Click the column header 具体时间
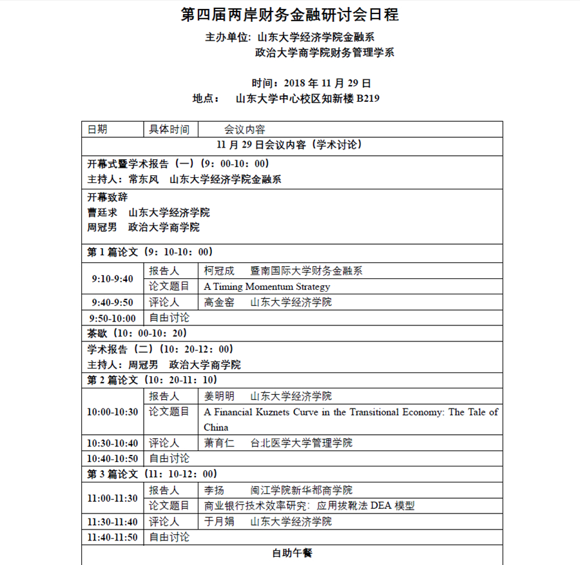pyautogui.click(x=169, y=129)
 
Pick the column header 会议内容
pyautogui.click(x=244, y=129)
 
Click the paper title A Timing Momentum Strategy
pyautogui.click(x=267, y=287)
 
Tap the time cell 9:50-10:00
pyautogui.click(x=113, y=318)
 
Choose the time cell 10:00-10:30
pyautogui.click(x=113, y=412)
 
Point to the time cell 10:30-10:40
pyautogui.click(x=113, y=443)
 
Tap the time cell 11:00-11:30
pyautogui.click(x=113, y=498)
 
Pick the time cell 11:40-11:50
pyautogui.click(x=113, y=537)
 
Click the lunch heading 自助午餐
pyautogui.click(x=292, y=553)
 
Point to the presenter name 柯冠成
pyautogui.click(x=220, y=271)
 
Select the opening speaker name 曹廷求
pyautogui.click(x=102, y=213)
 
